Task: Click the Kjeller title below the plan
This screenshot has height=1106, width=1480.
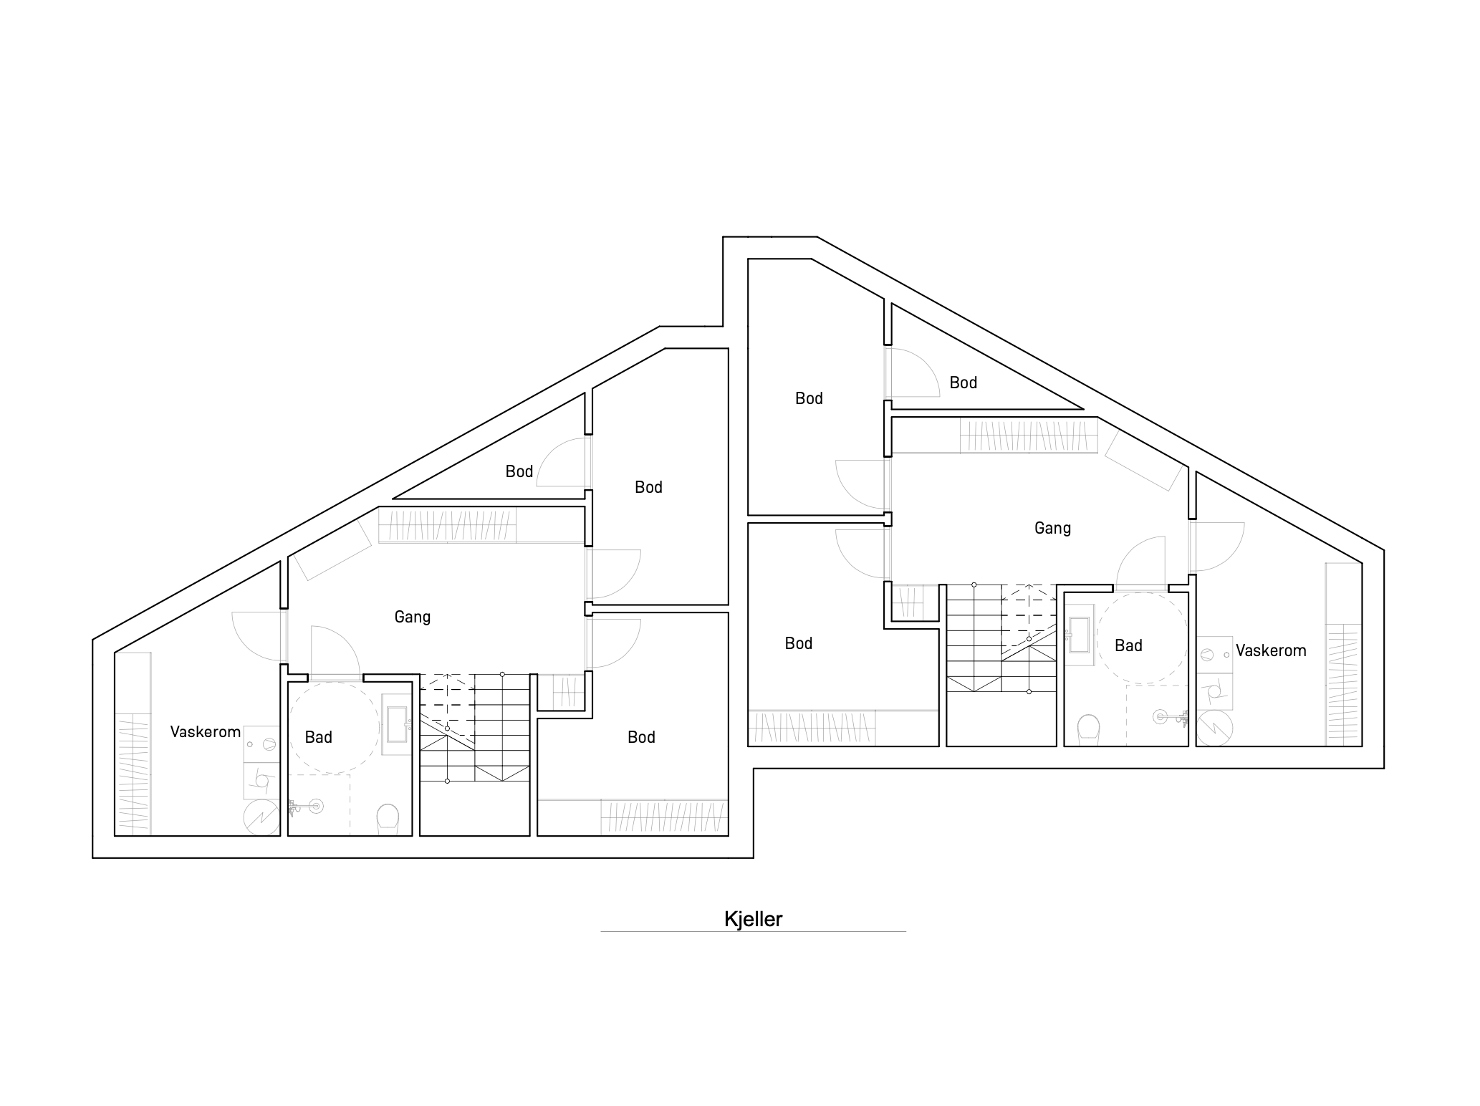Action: pos(753,919)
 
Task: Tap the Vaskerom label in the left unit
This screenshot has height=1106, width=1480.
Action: pos(205,731)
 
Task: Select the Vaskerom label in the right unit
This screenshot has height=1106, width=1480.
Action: pos(1271,650)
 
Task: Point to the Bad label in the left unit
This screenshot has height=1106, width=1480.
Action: pos(319,737)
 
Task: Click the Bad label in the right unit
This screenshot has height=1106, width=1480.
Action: pos(1128,645)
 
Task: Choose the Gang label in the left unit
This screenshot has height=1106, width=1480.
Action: pos(413,617)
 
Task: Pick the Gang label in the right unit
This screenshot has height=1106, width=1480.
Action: pos(1052,528)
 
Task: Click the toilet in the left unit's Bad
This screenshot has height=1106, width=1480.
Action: pos(387,818)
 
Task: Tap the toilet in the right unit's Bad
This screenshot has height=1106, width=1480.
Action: pos(1089,728)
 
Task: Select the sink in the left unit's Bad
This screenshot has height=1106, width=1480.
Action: pos(396,723)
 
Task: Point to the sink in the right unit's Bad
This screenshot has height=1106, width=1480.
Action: pos(1079,633)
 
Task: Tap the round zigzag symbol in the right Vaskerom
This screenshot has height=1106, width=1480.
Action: pos(1215,728)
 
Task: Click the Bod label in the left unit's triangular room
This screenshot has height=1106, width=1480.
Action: pos(519,471)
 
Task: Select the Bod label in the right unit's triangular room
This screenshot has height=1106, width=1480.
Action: pos(964,383)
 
